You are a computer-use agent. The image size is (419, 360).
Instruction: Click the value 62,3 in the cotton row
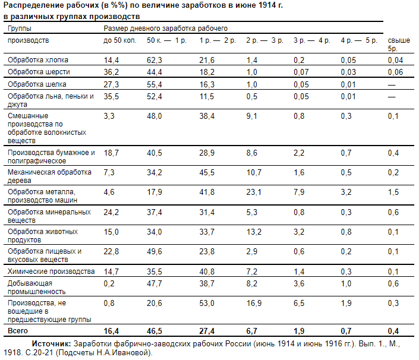coord(155,60)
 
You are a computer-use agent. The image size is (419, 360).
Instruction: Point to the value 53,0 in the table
coord(207,304)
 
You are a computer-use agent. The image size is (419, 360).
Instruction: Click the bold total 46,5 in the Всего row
coord(155,331)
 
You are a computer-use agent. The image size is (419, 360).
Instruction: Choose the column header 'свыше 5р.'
coord(398,45)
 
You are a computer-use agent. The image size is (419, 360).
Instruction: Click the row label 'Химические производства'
coord(51,271)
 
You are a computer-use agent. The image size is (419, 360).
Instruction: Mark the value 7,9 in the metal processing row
coord(298,192)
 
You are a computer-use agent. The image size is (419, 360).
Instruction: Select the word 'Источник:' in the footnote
coord(51,343)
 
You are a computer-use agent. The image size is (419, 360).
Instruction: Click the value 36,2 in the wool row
coord(111,72)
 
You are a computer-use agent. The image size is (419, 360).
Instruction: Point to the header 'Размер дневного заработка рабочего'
coord(165,28)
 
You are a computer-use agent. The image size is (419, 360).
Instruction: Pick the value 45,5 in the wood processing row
coord(207,173)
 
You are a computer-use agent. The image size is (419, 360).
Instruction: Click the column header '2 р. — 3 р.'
coord(264,40)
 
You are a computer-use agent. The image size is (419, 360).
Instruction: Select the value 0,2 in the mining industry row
coord(109,284)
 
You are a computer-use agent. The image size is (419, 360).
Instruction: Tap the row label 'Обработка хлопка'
coord(37,60)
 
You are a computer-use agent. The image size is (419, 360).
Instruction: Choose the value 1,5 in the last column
coord(393,192)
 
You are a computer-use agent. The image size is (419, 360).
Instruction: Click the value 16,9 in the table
coord(253,304)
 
